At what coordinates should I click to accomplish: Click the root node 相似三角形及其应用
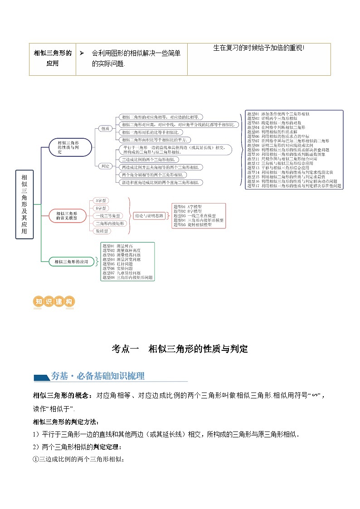tap(24, 204)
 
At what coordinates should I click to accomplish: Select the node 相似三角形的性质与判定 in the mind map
tap(71, 147)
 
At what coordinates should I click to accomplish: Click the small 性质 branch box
tap(105, 129)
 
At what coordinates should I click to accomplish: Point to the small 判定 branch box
tap(105, 166)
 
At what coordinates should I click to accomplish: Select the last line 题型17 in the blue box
tap(294, 186)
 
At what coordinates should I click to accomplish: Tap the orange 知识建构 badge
tap(54, 302)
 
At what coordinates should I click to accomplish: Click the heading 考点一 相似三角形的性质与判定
tap(180, 349)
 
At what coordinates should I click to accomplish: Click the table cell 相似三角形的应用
tap(53, 58)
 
